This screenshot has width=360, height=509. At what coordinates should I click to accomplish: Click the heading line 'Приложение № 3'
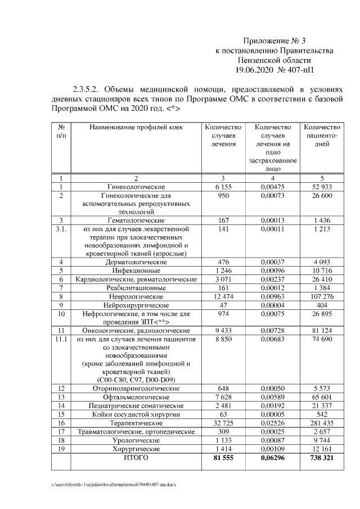pyautogui.click(x=274, y=40)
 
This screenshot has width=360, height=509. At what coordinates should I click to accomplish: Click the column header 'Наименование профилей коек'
pyautogui.click(x=136, y=128)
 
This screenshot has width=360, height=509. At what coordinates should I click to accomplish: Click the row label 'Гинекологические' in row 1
pyautogui.click(x=136, y=186)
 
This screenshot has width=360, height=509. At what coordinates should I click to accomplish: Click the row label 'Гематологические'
pyautogui.click(x=136, y=220)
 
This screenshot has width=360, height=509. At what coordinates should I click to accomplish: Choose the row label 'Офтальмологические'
pyautogui.click(x=136, y=397)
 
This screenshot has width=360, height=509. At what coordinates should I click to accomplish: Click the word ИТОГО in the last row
pyautogui.click(x=136, y=458)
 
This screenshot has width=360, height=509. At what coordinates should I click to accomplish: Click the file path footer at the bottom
pyautogui.click(x=113, y=484)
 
